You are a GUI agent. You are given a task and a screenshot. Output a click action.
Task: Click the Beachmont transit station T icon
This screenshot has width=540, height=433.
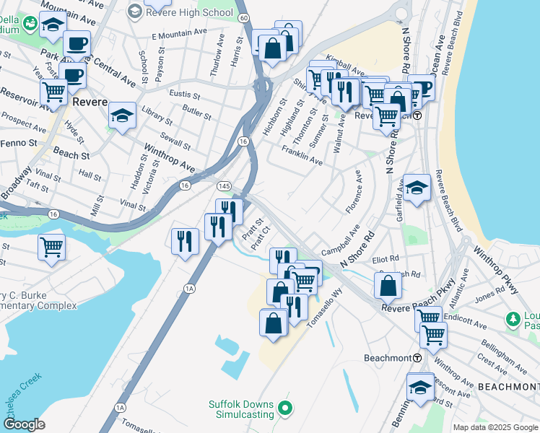click(417, 359)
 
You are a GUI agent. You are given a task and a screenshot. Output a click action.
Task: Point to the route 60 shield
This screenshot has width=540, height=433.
click(244, 17)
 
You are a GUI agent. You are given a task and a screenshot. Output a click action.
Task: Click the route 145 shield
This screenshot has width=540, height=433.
click(224, 186)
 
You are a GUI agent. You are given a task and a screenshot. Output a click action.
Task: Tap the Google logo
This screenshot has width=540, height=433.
click(25, 424)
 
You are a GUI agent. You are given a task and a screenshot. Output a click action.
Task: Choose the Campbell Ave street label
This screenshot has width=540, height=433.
click(341, 242)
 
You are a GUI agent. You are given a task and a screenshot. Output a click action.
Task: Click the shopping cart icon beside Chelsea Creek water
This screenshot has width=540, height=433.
click(51, 248)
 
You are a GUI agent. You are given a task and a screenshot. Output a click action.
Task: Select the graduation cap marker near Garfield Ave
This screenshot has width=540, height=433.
click(417, 188)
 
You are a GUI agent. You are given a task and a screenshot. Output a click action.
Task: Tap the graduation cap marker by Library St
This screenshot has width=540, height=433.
click(123, 115)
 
